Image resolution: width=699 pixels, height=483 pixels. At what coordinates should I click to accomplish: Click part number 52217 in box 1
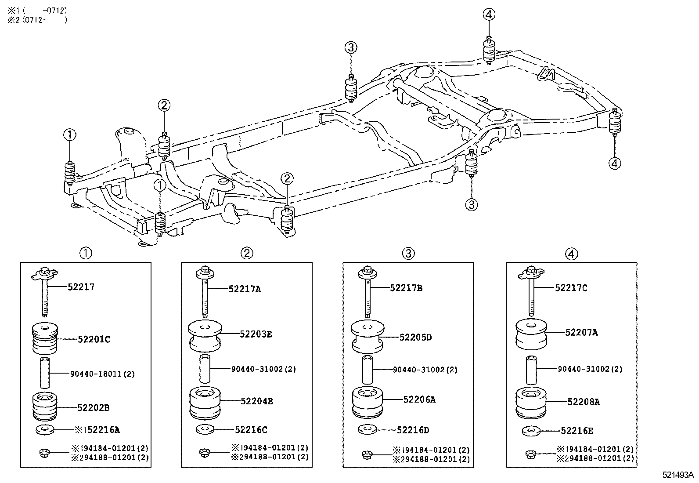point(81,287)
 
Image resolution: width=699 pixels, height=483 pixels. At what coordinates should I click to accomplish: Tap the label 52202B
point(93,407)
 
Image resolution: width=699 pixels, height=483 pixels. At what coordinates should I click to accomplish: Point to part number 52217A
point(245,289)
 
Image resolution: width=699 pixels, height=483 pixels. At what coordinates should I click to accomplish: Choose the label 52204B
point(256,401)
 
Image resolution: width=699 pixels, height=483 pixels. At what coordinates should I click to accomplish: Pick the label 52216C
point(251,429)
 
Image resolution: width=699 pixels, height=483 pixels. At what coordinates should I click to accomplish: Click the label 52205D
point(416,337)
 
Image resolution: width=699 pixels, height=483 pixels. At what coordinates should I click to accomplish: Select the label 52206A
point(419,399)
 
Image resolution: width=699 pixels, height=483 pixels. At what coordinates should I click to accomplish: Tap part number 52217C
point(571,288)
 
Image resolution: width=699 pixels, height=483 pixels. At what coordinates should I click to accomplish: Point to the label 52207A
point(581,333)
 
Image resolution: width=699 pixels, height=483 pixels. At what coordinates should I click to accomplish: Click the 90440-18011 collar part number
point(102,374)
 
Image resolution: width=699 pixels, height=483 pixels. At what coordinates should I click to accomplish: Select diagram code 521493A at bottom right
point(677,475)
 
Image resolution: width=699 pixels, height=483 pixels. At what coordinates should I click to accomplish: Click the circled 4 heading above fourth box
point(571,254)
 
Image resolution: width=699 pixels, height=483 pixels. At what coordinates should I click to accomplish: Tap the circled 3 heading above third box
point(408,253)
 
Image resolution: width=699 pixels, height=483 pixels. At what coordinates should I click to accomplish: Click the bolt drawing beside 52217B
point(367,292)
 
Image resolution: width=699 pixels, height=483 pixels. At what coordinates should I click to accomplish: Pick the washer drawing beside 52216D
point(367,429)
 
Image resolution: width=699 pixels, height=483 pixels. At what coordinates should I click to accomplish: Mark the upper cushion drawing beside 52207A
point(531,333)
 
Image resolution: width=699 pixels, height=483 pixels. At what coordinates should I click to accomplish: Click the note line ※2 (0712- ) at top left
point(37,20)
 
